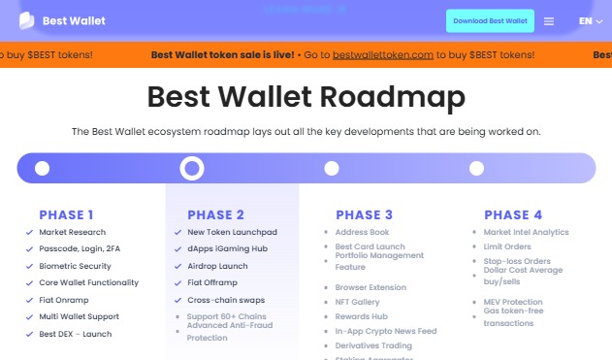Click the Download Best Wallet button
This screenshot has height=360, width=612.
(x=490, y=20)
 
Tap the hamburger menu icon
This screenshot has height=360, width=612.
(x=549, y=21)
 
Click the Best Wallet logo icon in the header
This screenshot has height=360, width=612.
(x=27, y=20)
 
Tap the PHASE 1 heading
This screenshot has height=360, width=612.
(x=67, y=214)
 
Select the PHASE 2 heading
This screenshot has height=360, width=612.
(x=215, y=214)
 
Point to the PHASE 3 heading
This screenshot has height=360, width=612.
(x=365, y=214)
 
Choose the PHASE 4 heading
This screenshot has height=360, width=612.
(x=513, y=214)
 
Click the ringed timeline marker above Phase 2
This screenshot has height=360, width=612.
(x=192, y=169)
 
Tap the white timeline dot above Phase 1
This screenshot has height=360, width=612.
(x=42, y=169)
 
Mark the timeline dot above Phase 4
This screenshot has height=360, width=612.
(x=476, y=169)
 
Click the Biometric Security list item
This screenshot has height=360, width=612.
(x=76, y=266)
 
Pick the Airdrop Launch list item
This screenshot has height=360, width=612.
(x=217, y=266)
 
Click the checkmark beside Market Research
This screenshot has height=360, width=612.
(x=30, y=233)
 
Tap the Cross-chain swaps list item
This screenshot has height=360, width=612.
(x=225, y=300)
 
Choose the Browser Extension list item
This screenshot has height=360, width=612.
(x=370, y=287)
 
